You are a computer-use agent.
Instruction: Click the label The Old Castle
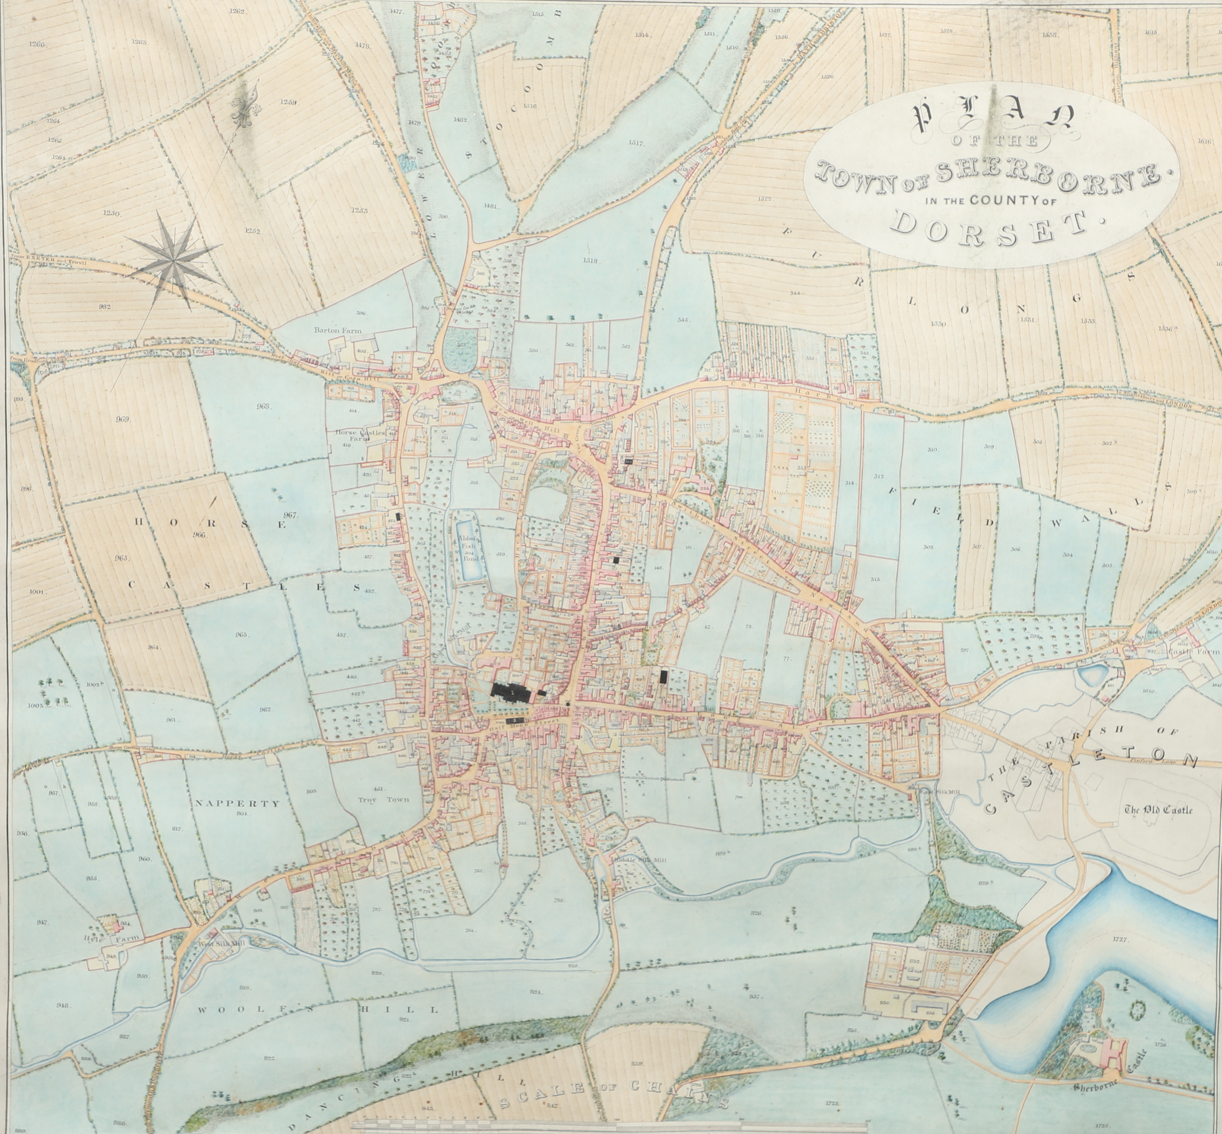1158,810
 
